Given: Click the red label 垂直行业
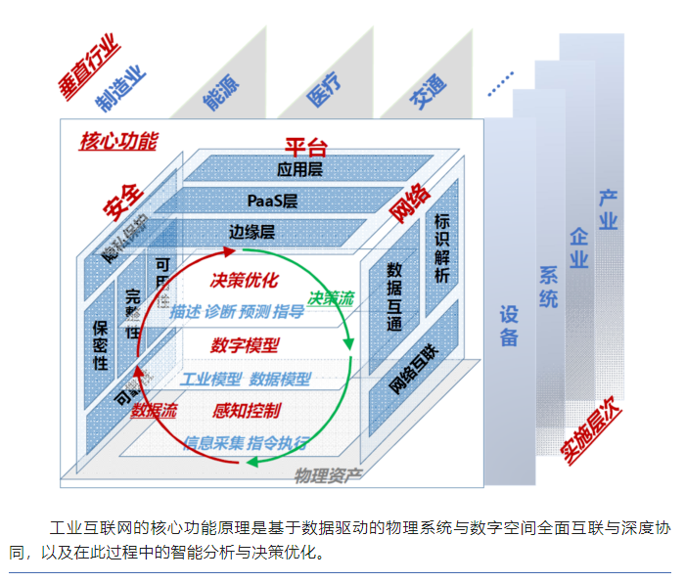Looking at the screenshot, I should point(89,65).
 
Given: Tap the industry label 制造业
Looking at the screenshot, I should point(121,91).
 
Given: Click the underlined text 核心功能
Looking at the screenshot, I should point(117,140).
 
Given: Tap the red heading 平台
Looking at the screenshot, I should point(305,148).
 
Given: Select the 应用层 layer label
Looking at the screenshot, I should point(299,169).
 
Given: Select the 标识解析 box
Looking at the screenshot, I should point(441,247).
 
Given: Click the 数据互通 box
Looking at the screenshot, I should point(395,296).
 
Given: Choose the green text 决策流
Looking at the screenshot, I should point(331,297).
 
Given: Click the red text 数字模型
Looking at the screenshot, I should point(245,345).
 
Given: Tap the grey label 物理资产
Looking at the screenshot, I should point(328,475).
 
